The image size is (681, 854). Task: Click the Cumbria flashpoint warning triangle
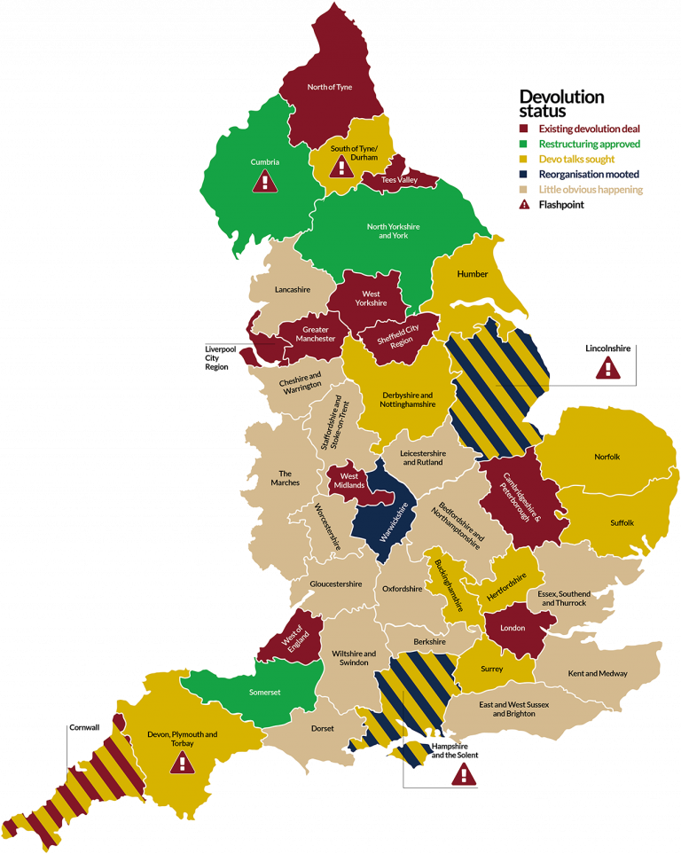264,182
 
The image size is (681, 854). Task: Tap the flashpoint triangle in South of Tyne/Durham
341,166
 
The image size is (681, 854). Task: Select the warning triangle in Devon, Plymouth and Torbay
182,763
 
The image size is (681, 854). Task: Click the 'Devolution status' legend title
561,104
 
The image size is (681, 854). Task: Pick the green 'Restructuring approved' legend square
525,144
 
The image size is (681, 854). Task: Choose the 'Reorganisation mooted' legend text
590,175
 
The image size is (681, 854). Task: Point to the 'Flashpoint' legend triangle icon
525,205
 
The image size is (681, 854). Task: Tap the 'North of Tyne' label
329,88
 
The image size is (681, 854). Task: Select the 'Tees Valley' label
399,180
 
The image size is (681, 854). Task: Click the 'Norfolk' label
607,457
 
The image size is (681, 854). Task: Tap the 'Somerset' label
266,692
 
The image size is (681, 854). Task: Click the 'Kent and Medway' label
598,673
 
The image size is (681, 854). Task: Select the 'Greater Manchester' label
316,334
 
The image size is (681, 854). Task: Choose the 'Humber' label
473,274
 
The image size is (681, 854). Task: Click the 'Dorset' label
323,729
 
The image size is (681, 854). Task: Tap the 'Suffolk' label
622,523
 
